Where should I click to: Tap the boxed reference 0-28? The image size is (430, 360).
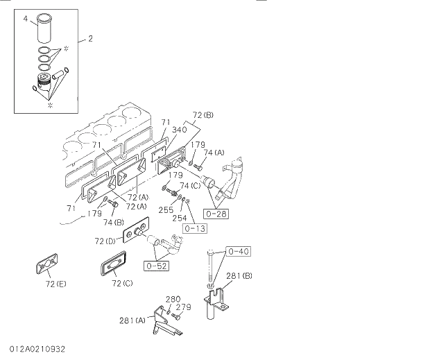coord(216,214)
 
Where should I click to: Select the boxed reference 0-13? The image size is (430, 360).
coord(195,227)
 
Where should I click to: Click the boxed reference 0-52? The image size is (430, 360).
coord(157,264)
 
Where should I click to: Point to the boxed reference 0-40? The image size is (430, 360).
coord(239,251)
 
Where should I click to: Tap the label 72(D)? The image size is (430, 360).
coord(106,241)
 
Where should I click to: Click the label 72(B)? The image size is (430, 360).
coord(203,114)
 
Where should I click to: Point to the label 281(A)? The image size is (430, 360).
coord(132,320)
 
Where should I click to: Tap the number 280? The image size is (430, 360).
coord(173,299)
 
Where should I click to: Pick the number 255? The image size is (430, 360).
coord(165,209)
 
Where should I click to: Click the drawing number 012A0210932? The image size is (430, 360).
coord(38,348)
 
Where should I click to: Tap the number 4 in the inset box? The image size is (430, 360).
coord(25,19)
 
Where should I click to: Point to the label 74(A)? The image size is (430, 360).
coord(214,153)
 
